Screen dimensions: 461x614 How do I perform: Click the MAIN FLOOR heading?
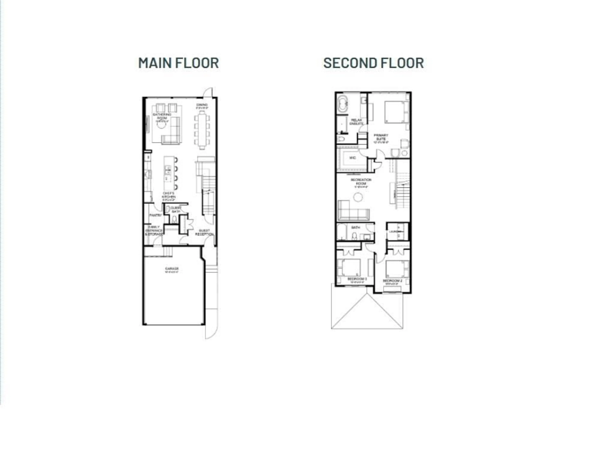tap(178, 63)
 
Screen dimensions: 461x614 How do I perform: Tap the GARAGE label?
tap(172, 269)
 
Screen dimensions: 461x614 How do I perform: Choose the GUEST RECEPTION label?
tap(204, 232)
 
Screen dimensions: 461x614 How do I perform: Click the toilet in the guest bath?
tap(174, 219)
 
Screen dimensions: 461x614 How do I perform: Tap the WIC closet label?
tap(353, 158)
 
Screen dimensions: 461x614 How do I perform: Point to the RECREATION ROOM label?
tap(361, 182)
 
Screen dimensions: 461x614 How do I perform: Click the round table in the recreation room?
tap(358, 197)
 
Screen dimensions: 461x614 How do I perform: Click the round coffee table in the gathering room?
tap(161, 125)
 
